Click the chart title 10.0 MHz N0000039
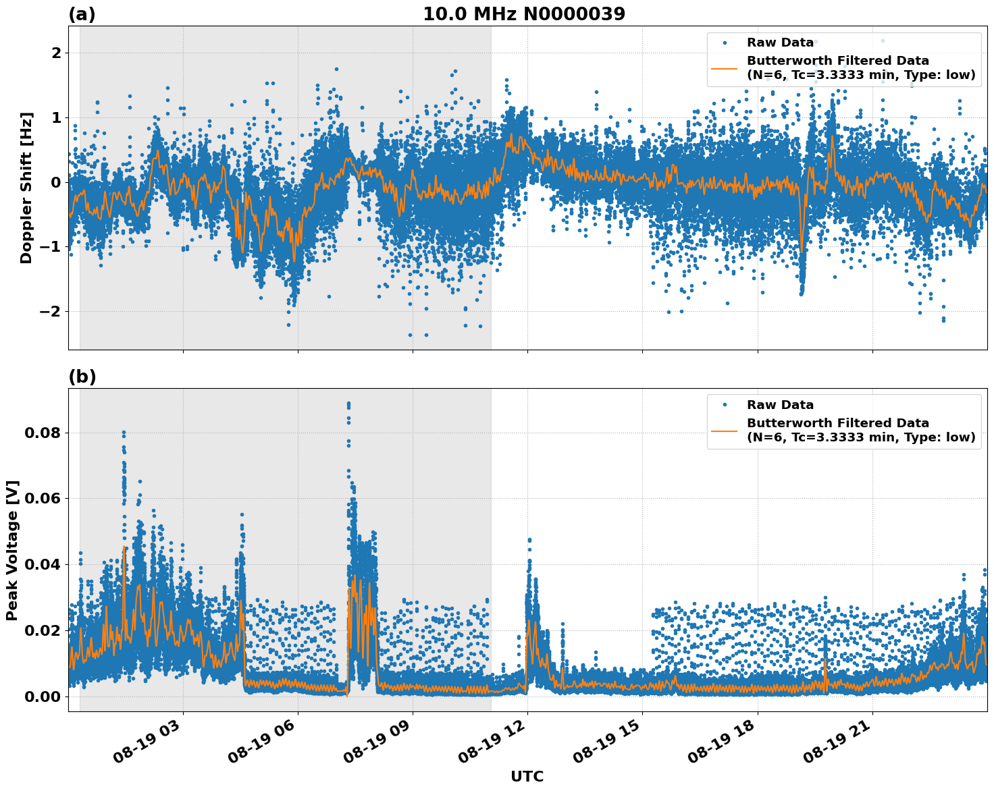[x=524, y=14]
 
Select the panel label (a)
[x=82, y=14]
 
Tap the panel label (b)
[x=82, y=377]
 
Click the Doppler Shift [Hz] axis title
[x=26, y=188]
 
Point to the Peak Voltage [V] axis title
[x=12, y=550]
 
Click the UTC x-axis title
[x=527, y=776]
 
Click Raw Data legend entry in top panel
[x=780, y=43]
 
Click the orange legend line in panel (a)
[x=725, y=68]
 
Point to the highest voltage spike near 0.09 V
[x=348, y=404]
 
